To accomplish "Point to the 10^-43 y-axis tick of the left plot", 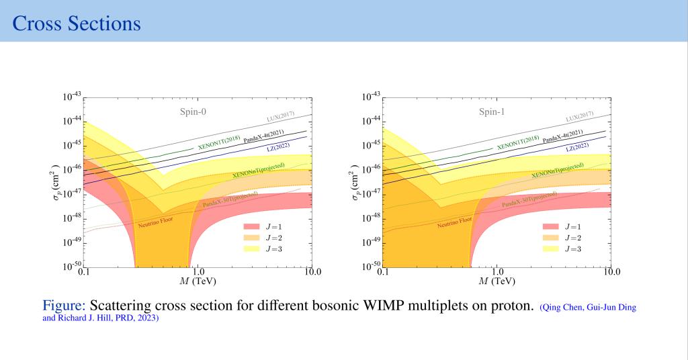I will pos(71,97).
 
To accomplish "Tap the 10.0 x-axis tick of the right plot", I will pos(611,273).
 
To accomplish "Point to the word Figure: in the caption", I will pos(63,306).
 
